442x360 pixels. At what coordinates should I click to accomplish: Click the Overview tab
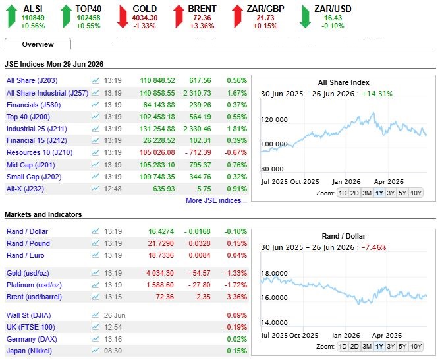(x=38, y=44)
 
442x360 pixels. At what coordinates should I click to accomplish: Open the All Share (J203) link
(x=32, y=80)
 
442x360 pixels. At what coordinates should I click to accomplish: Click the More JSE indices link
(x=216, y=200)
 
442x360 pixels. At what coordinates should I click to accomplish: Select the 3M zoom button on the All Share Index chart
(x=367, y=193)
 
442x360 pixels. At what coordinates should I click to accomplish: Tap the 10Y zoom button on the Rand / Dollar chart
(x=416, y=346)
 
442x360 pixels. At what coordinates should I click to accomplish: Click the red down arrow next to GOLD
(x=123, y=17)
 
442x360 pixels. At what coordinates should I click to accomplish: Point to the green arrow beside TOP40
(x=67, y=16)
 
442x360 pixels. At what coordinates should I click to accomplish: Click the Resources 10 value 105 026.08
(x=157, y=152)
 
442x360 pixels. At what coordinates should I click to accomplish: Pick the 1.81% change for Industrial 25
(x=236, y=129)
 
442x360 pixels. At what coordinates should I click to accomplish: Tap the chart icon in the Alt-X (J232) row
(x=96, y=188)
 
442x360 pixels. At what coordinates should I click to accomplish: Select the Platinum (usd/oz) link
(x=34, y=285)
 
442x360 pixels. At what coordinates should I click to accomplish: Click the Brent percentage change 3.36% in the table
(x=236, y=297)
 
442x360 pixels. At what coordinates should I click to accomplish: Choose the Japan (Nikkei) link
(x=30, y=351)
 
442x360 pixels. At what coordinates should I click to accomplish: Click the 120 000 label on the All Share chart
(x=274, y=119)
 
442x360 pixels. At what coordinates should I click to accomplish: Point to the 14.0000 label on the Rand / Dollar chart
(x=274, y=323)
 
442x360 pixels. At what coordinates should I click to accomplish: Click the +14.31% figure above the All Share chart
(x=377, y=94)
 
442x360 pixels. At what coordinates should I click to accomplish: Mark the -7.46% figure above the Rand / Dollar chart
(x=373, y=247)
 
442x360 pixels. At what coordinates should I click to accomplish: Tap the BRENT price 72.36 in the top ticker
(x=202, y=18)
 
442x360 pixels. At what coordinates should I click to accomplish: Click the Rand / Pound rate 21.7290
(x=161, y=243)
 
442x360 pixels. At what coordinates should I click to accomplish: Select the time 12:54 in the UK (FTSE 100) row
(x=113, y=327)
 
